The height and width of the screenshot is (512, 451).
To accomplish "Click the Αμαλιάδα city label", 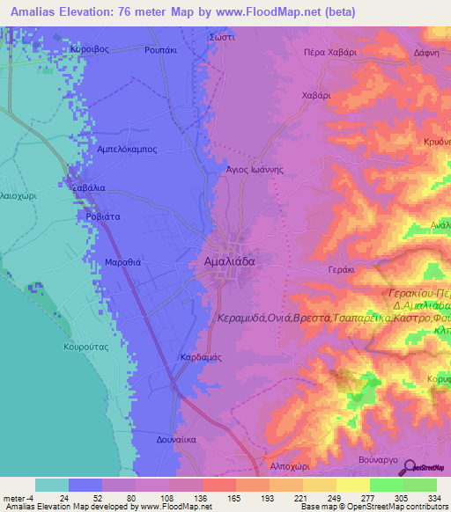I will [224, 262].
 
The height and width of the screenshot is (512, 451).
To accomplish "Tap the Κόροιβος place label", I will [89, 50].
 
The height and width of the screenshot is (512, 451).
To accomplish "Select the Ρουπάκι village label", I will [162, 50].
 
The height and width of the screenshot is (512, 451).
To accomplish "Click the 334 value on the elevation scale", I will [433, 497].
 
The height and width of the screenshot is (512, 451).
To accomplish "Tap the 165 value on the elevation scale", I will [232, 497].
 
